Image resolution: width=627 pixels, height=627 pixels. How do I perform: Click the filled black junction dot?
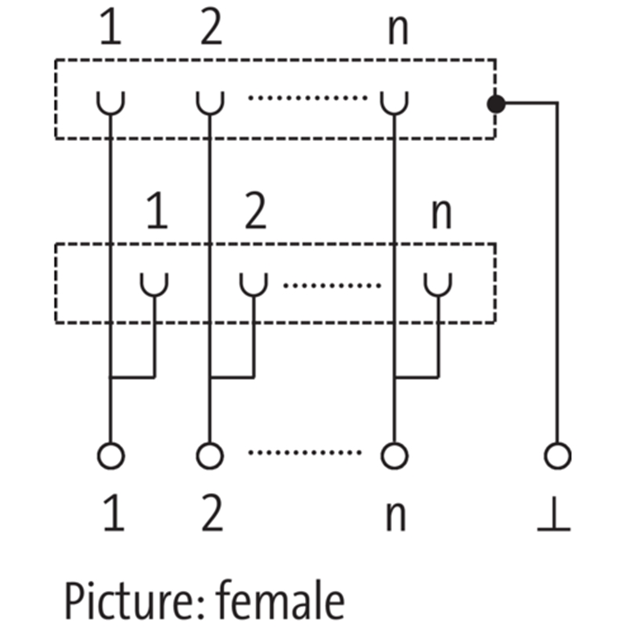pyautogui.click(x=495, y=103)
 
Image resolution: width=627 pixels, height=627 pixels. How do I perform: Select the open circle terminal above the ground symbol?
pyautogui.click(x=557, y=455)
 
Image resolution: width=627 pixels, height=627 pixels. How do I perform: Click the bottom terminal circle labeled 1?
pyautogui.click(x=111, y=455)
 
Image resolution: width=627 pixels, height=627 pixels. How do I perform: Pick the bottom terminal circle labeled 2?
pyautogui.click(x=209, y=455)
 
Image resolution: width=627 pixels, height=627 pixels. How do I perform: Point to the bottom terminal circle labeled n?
pyautogui.click(x=394, y=455)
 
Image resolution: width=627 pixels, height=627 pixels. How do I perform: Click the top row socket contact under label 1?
pyautogui.click(x=111, y=103)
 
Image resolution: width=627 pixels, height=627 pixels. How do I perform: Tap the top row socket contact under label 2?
pyautogui.click(x=209, y=103)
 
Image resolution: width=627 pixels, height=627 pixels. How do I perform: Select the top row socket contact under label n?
pyautogui.click(x=394, y=103)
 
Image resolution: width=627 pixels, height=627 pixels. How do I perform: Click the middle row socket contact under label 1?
pyautogui.click(x=154, y=284)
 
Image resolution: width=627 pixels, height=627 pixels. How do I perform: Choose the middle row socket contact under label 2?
pyautogui.click(x=253, y=284)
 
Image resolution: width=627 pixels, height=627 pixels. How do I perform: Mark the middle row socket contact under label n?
pyautogui.click(x=437, y=284)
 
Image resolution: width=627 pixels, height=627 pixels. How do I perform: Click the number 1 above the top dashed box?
pyautogui.click(x=111, y=30)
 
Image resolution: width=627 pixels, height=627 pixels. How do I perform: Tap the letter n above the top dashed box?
pyautogui.click(x=398, y=31)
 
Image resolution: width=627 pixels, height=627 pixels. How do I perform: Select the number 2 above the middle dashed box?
pyautogui.click(x=255, y=212)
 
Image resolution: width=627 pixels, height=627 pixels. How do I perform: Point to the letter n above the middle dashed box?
pyautogui.click(x=441, y=214)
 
